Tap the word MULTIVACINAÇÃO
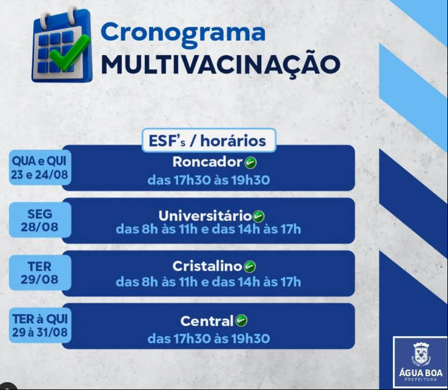[221, 65]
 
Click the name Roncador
[207, 162]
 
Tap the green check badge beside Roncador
[250, 163]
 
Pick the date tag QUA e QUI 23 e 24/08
[40, 167]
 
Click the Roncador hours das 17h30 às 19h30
[209, 180]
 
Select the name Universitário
[205, 215]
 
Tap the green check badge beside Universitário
[259, 216]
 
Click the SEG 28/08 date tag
[40, 220]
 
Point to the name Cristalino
[207, 266]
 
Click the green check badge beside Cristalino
[250, 267]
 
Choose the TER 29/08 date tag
[40, 273]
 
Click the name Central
[207, 321]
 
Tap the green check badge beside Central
[241, 320]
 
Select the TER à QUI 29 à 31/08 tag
[40, 325]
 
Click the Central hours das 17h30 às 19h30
[209, 339]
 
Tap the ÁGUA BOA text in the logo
[421, 372]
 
